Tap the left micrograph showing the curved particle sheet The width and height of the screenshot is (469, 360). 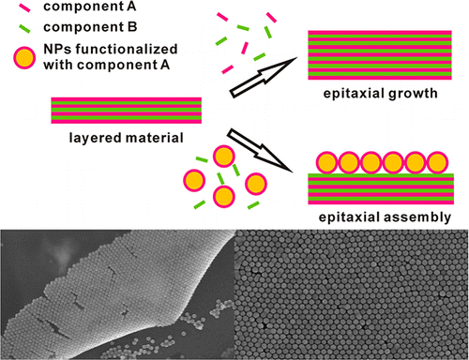[x=114, y=293]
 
